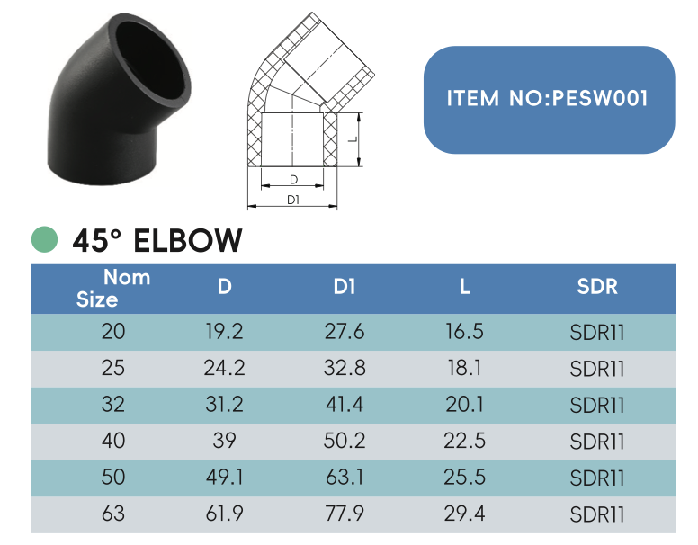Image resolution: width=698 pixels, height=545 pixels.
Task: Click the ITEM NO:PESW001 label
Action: tap(548, 98)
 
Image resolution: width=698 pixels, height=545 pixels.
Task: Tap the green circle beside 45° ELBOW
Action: tap(44, 240)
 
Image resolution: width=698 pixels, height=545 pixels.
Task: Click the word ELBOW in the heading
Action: tap(187, 240)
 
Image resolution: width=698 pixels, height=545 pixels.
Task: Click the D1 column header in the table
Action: tap(345, 288)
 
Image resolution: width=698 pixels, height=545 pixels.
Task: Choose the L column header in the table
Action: tap(464, 288)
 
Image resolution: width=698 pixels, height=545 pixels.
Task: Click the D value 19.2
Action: tap(225, 333)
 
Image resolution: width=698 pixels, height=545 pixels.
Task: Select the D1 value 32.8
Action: tap(345, 369)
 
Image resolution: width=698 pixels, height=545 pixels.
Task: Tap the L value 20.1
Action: tap(464, 406)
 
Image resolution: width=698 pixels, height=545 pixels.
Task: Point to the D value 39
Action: tap(225, 442)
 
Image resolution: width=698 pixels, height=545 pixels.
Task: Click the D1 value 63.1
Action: tap(345, 478)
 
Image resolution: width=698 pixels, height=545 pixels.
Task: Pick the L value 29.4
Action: tap(464, 514)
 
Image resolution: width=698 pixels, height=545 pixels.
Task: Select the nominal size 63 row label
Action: tap(113, 514)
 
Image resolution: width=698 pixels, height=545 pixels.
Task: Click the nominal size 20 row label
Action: tap(113, 333)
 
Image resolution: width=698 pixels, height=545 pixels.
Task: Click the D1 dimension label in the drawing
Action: tap(293, 200)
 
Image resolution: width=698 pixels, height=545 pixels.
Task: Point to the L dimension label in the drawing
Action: tap(353, 139)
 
